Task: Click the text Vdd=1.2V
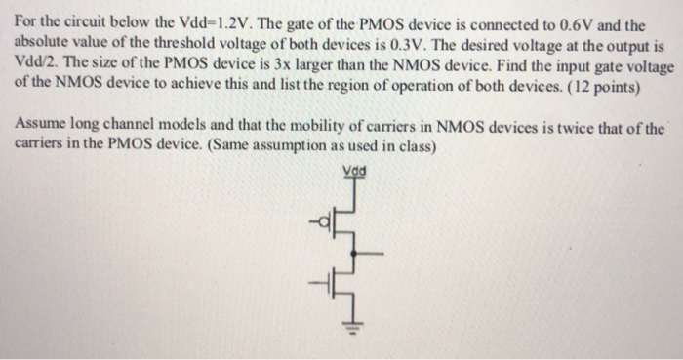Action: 193,11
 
